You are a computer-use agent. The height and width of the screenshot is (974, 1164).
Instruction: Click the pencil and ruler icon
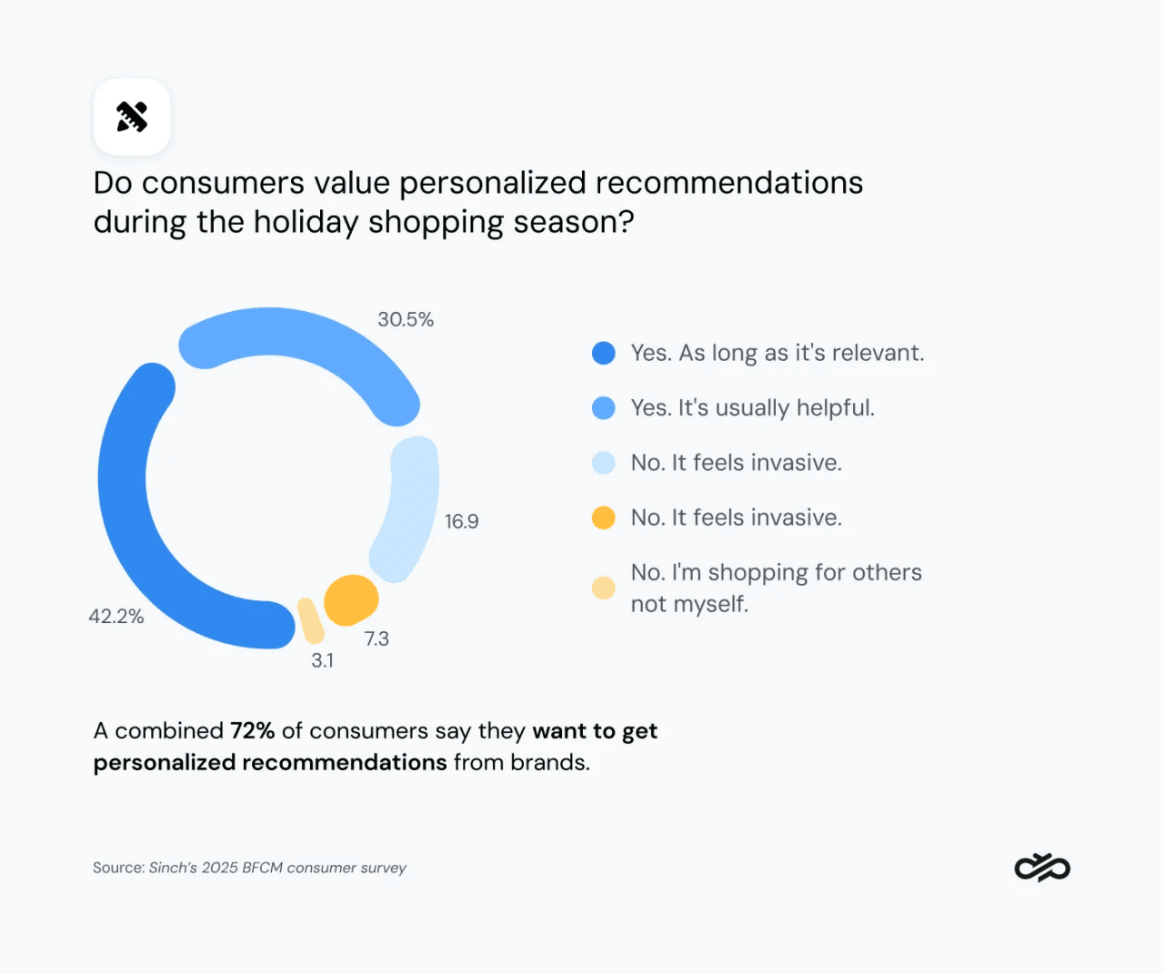click(x=132, y=116)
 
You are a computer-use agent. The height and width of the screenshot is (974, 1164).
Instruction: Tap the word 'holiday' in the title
click(x=306, y=222)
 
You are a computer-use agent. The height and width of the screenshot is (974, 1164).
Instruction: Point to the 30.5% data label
click(x=406, y=319)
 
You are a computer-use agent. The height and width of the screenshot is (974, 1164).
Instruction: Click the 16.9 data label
click(x=461, y=521)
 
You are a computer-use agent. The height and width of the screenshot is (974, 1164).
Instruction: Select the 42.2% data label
click(x=116, y=616)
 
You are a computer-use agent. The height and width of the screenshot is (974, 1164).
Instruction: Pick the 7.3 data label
click(x=376, y=638)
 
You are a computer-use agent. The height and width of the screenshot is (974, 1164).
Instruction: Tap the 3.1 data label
click(x=322, y=660)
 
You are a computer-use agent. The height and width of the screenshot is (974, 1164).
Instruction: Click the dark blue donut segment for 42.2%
click(x=127, y=509)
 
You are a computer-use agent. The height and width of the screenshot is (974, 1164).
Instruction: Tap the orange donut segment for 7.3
click(x=350, y=600)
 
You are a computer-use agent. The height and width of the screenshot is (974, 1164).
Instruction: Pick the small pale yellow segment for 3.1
click(x=310, y=621)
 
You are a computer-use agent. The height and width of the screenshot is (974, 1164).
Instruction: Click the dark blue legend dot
click(x=604, y=353)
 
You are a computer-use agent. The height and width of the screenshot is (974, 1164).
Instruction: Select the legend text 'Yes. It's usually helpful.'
click(x=752, y=407)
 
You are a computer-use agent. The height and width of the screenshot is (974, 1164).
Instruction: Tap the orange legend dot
click(x=604, y=517)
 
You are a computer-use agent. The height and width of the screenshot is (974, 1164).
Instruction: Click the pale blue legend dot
click(x=604, y=463)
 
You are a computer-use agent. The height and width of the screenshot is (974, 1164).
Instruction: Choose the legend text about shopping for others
click(x=776, y=587)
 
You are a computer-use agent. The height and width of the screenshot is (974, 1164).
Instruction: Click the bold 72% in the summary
click(x=252, y=731)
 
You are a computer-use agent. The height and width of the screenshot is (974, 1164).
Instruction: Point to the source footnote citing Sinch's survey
click(x=249, y=868)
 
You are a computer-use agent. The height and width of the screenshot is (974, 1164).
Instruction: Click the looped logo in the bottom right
click(x=1042, y=868)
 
